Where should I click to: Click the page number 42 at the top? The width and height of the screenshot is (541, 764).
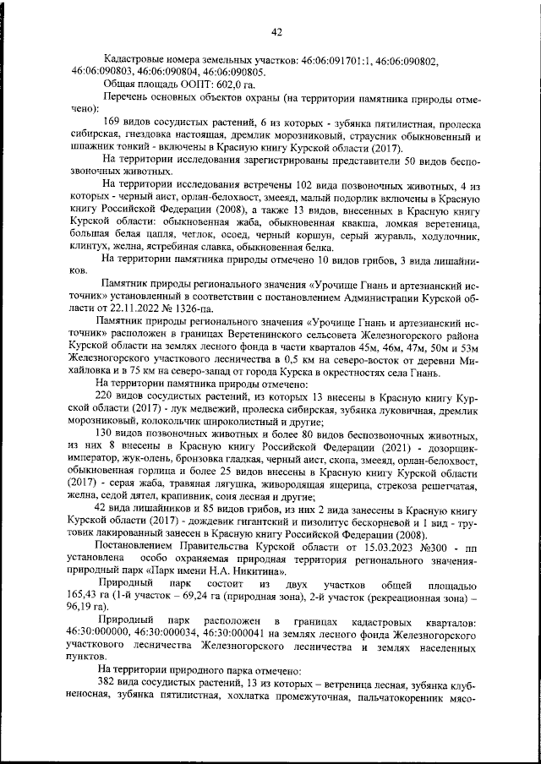pyautogui.click(x=276, y=32)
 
